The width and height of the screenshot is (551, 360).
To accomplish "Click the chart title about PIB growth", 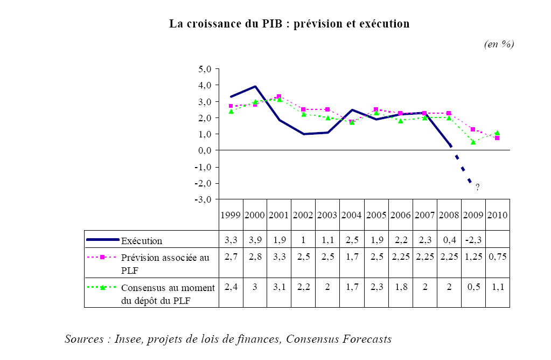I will coord(289,24).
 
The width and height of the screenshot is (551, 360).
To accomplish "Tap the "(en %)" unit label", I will coord(499,45).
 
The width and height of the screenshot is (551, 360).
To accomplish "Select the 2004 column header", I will coord(352,215).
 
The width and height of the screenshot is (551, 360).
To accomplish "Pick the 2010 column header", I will coord(497,215).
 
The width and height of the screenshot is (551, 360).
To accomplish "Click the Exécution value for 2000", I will coord(255,240).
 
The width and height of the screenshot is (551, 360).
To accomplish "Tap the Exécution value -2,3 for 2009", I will coord(473,240).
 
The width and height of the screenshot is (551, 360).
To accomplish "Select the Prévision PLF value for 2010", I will coord(497,257).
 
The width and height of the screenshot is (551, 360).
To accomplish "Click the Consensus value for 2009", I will coord(473,287).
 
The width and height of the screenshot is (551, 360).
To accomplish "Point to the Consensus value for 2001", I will coord(279,287).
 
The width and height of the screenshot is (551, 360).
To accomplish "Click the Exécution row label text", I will coord(142,240).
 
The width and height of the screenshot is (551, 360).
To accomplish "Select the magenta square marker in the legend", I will coord(102,257).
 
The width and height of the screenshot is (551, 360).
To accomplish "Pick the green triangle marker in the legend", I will coord(102,287).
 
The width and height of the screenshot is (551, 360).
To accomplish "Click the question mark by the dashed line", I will coord(477,187).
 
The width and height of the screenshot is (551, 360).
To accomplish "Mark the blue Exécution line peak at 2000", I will coord(255,86).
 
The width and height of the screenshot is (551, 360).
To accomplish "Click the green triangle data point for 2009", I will coord(473,142).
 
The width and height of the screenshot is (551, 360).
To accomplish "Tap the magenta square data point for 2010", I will coord(497,138).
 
